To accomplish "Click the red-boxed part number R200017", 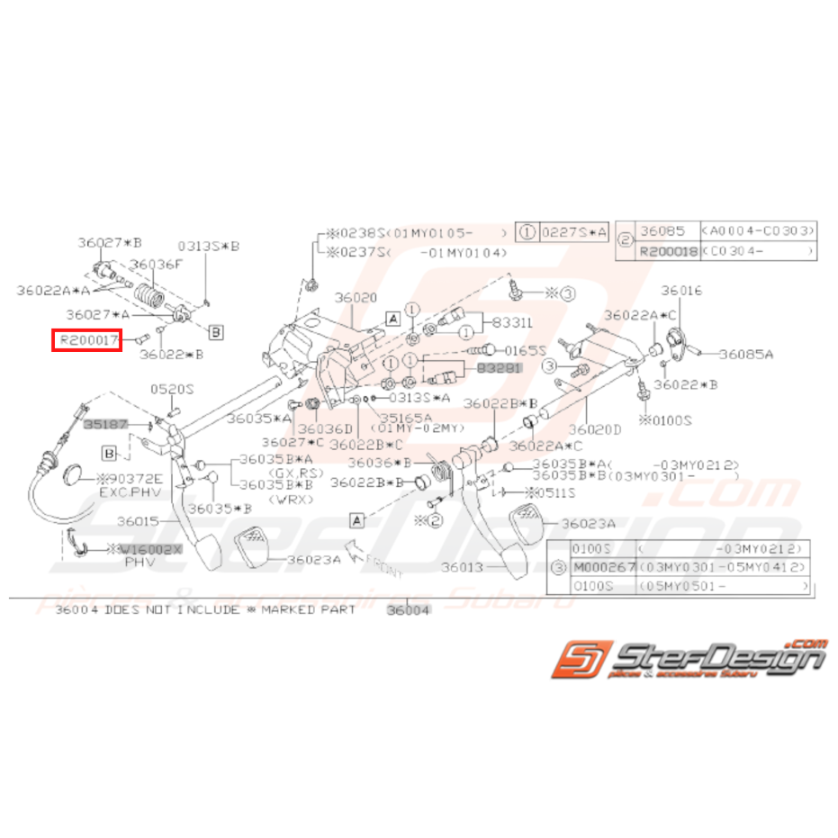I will pyautogui.click(x=86, y=340).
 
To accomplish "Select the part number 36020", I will pyautogui.click(x=356, y=297).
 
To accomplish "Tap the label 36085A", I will pyautogui.click(x=745, y=355).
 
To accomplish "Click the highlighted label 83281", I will pyautogui.click(x=499, y=369).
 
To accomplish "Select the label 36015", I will pyautogui.click(x=137, y=521).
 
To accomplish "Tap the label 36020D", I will pyautogui.click(x=595, y=430).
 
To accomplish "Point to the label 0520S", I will pyautogui.click(x=172, y=389).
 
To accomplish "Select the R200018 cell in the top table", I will pyautogui.click(x=668, y=252).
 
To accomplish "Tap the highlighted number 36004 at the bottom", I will pyautogui.click(x=408, y=609).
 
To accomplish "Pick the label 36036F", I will pyautogui.click(x=157, y=265).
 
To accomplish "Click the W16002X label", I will pyautogui.click(x=150, y=548).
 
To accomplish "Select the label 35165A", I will pyautogui.click(x=406, y=418).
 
